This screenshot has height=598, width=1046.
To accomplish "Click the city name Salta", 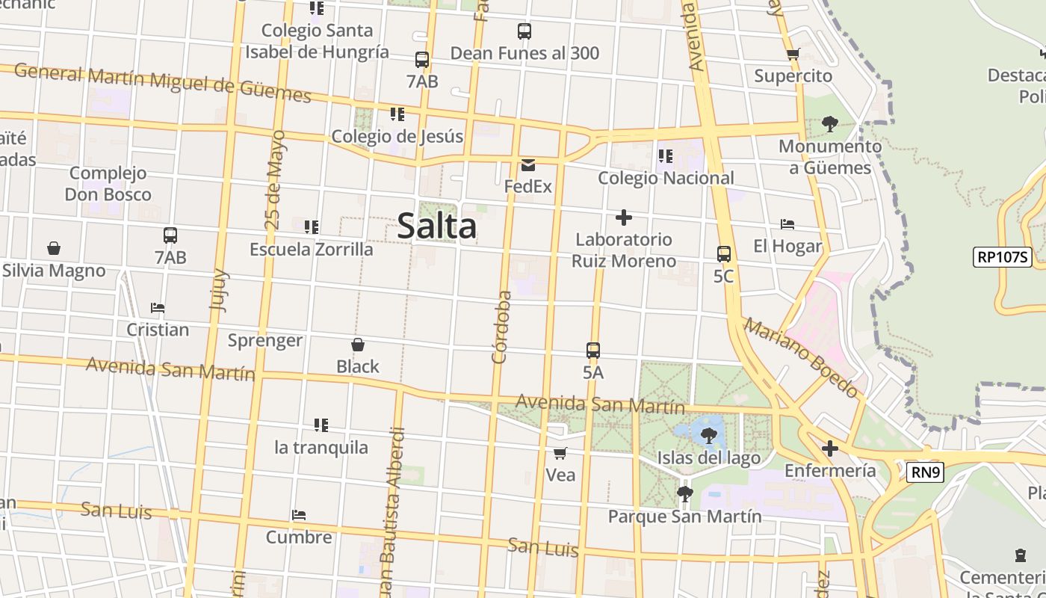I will [436, 226].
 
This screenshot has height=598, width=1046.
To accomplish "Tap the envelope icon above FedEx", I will [528, 165].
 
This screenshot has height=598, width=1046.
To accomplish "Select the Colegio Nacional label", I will [666, 178].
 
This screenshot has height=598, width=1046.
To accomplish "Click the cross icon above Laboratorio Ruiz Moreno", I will [623, 218].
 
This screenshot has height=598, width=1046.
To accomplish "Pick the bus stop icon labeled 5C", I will [723, 254].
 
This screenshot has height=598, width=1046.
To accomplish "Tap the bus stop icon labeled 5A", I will [592, 350].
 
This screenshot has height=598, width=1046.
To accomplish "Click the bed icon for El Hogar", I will [787, 224].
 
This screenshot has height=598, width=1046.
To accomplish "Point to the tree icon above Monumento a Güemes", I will [829, 123].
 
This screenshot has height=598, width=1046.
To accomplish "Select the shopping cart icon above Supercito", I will [793, 54].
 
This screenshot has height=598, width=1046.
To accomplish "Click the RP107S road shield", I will [1003, 258].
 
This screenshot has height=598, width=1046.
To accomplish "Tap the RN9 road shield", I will [926, 472].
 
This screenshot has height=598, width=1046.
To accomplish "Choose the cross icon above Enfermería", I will [829, 449].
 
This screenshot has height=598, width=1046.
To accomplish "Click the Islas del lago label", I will [708, 457].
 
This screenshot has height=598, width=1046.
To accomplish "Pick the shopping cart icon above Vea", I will [560, 453].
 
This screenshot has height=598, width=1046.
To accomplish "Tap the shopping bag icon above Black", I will [358, 345].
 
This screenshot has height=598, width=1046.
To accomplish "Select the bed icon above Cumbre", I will [299, 515].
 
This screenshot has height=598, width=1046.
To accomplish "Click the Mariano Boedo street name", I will [801, 357].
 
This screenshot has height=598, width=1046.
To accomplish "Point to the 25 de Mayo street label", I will [274, 180].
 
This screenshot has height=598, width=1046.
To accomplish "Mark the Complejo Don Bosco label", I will [108, 184].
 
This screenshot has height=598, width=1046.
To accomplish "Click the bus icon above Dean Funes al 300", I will [524, 31].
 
